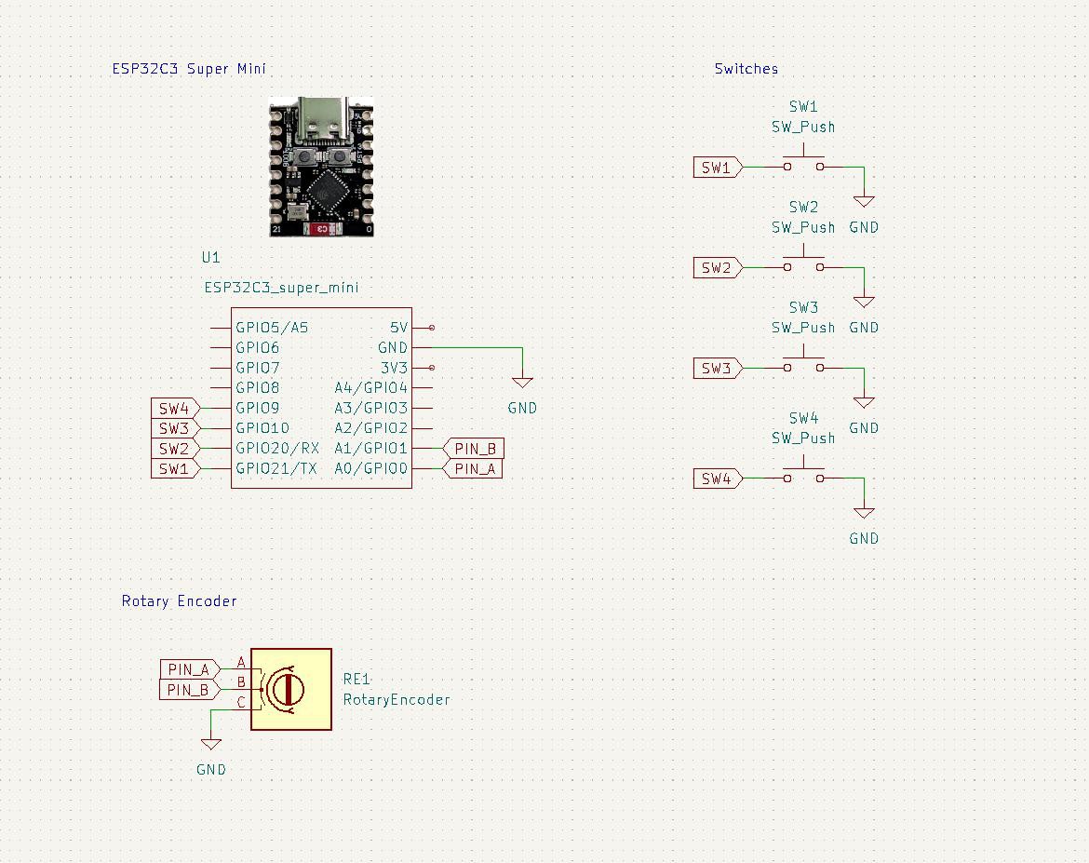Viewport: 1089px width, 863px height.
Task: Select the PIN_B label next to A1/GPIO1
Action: tap(474, 448)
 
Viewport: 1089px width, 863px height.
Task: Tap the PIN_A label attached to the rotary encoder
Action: tap(190, 669)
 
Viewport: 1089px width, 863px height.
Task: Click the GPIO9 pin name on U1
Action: tap(257, 408)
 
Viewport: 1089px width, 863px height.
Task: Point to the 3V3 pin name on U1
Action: tap(394, 368)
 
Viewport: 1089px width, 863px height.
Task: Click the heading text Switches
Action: tap(746, 69)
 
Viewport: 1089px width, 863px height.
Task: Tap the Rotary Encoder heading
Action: tap(180, 601)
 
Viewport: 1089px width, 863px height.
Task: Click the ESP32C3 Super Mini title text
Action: tap(189, 69)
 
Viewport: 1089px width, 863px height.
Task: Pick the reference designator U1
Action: tap(210, 257)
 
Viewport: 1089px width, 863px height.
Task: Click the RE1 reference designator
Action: tap(357, 679)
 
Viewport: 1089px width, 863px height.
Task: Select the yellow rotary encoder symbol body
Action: tap(291, 689)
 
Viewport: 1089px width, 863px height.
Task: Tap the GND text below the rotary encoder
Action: tap(211, 770)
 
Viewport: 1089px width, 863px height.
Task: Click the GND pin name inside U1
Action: tap(393, 347)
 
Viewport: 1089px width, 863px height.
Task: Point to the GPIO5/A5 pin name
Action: tap(272, 328)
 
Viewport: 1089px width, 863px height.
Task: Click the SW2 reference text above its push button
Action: tap(803, 207)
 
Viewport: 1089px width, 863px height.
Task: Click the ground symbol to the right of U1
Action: tap(522, 383)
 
